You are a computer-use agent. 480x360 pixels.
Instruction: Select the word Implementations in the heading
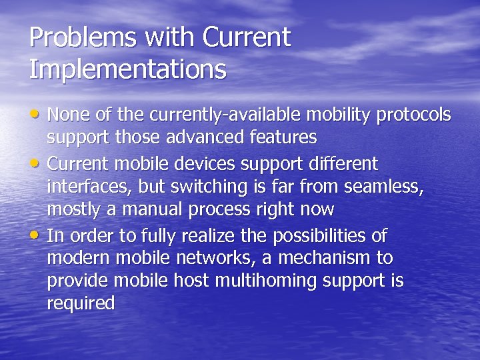pos(127,69)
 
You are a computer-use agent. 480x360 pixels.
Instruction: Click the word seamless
pos(381,187)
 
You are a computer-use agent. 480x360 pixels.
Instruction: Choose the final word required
pos(81,304)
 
